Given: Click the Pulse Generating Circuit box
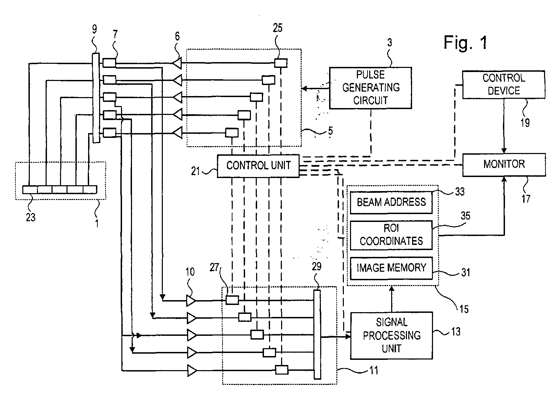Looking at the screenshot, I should [x=370, y=88].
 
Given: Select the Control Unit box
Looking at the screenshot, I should [x=258, y=166].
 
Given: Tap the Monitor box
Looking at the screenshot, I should [x=504, y=164].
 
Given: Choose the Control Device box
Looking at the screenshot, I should [x=504, y=84].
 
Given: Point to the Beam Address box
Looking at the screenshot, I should [x=391, y=202].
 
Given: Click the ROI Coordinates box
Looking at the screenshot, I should [x=391, y=235].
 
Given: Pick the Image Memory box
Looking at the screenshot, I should [x=391, y=268].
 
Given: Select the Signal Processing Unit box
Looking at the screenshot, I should [x=392, y=335].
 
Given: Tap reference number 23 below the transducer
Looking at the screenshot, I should [x=31, y=217].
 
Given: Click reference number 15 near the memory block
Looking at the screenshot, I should [x=464, y=309].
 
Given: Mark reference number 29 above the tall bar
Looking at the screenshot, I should [x=316, y=267].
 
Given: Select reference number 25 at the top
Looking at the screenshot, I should [x=277, y=28].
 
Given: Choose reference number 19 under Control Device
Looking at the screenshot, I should [x=525, y=122].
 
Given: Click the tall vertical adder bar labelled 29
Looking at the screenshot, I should [x=317, y=334].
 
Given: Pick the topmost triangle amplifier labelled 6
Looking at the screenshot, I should [x=177, y=63].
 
